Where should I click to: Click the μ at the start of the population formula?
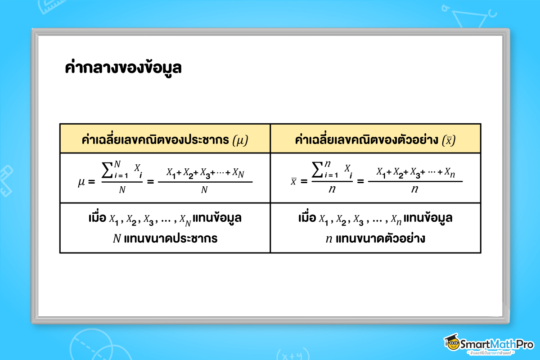point(82,182)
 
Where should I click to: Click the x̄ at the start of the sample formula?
point(293,182)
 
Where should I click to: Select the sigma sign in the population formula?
point(108,172)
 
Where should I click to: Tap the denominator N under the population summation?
point(122,190)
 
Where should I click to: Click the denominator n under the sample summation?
point(333,190)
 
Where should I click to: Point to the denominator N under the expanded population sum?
point(204,190)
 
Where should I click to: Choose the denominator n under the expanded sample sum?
point(415,190)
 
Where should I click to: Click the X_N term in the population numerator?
point(238,173)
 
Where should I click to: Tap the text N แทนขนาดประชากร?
point(165,238)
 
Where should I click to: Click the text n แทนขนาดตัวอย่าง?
point(375,238)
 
